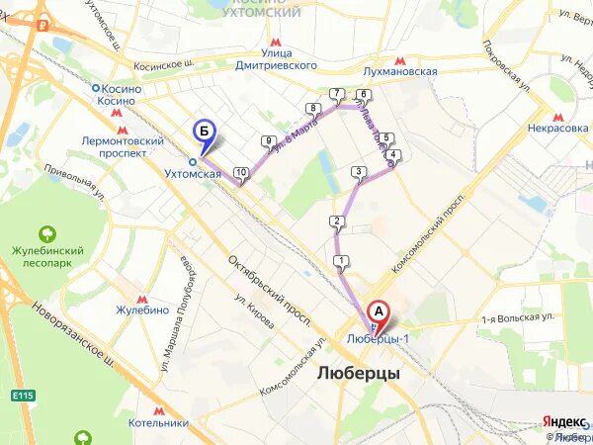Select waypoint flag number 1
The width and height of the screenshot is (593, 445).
point(341,262)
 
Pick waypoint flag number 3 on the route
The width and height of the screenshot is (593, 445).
point(357,172)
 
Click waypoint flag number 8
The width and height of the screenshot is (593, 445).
point(313,109)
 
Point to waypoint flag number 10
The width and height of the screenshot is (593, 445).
point(241,174)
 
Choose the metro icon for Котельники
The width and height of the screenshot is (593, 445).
point(158,408)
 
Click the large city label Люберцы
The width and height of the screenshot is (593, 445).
point(359,374)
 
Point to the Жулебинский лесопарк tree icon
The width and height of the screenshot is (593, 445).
point(45,234)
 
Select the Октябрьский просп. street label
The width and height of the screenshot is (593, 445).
point(270,292)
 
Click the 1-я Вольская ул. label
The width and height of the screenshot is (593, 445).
point(517,318)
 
